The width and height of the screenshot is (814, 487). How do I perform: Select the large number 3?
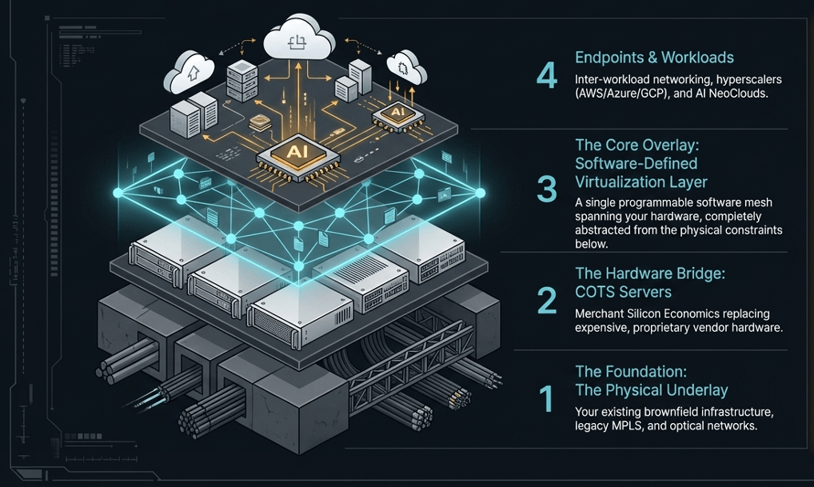(548, 188)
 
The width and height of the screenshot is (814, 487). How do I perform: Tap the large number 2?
(548, 300)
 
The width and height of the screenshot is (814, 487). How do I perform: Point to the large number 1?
(548, 397)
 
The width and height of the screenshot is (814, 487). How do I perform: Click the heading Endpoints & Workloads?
(654, 58)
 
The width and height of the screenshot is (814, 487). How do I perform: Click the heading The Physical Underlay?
(652, 390)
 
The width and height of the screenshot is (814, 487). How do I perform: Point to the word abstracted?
(606, 230)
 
